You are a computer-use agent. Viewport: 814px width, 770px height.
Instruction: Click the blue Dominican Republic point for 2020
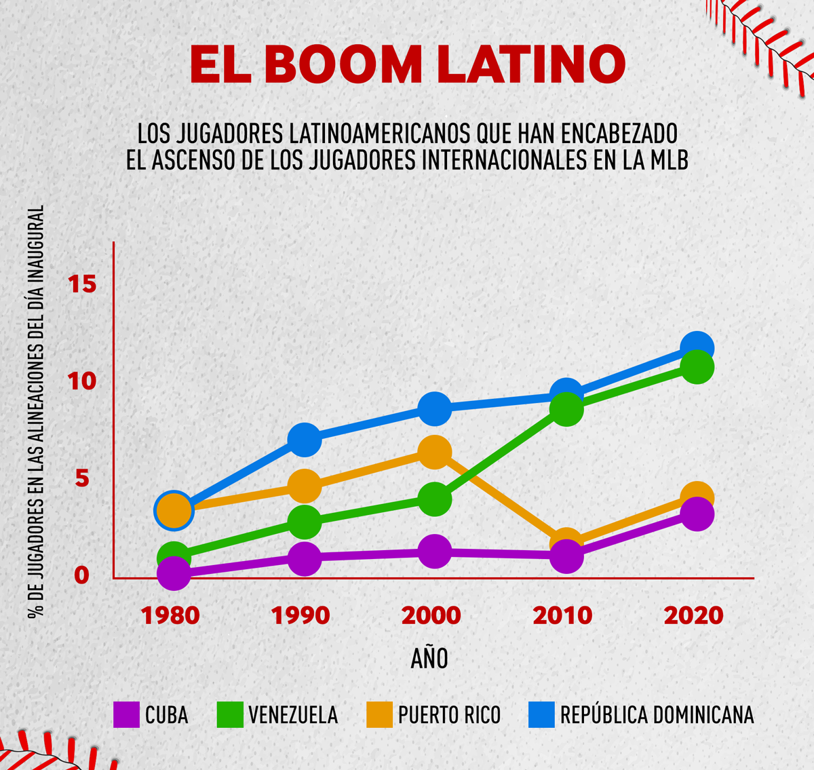pos(697,348)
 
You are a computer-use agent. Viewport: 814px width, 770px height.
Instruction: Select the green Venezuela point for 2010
pos(566,409)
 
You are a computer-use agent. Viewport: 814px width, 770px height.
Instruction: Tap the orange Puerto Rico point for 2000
pos(435,453)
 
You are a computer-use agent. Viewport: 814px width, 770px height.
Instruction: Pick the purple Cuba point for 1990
pos(305,558)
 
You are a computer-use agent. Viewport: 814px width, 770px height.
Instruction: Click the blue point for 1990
pos(305,440)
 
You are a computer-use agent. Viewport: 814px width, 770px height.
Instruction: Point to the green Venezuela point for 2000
pos(435,500)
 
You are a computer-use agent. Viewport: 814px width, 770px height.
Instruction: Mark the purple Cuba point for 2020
pos(697,514)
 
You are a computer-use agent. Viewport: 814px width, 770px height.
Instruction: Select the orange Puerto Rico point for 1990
pos(305,486)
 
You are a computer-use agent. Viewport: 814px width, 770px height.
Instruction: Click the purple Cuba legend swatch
pos(126,714)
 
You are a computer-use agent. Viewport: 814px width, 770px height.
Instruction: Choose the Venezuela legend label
pos(292,714)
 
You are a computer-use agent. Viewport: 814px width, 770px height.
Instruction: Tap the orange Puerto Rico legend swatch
pos(379,714)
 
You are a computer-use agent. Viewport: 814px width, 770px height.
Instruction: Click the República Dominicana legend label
pos(657,714)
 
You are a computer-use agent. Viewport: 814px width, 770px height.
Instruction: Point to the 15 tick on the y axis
pos(82,284)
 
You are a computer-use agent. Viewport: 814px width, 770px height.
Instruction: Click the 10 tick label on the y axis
pos(82,381)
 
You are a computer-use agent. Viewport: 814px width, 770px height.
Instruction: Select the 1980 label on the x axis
pos(170,615)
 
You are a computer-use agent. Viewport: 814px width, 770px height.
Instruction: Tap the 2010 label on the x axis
pos(562,615)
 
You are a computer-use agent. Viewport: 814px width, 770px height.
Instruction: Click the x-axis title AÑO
pos(429,658)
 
